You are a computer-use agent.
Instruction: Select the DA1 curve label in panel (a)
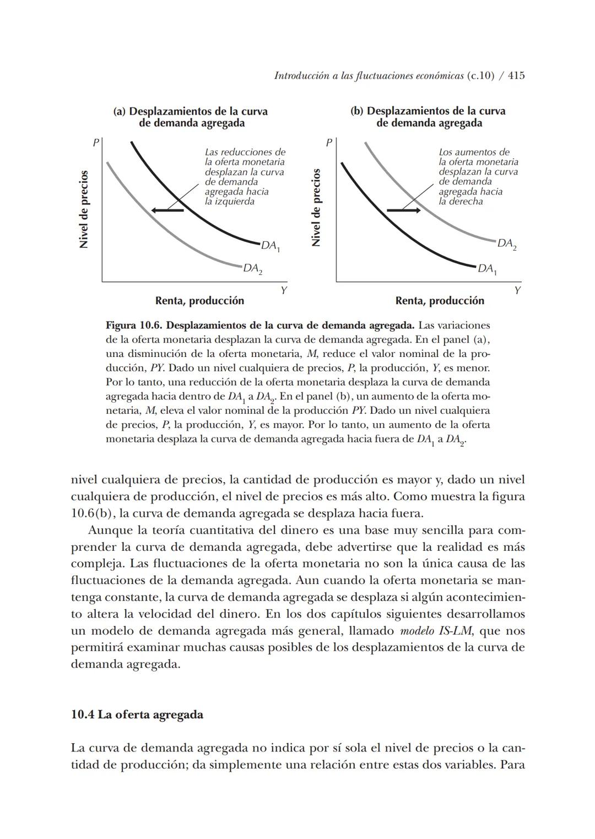click(271, 246)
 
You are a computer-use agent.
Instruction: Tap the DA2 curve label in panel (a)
click(253, 269)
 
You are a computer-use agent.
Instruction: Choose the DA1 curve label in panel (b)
click(487, 269)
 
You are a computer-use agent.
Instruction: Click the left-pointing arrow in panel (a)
click(167, 210)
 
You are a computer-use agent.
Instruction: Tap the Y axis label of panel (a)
click(283, 290)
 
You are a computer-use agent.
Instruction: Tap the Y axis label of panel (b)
click(517, 290)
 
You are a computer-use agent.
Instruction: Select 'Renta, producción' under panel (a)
click(199, 301)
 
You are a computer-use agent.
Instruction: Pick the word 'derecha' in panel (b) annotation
click(466, 202)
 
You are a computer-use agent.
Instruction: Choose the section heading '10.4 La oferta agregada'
click(137, 714)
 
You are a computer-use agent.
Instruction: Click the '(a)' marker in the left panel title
click(120, 111)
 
